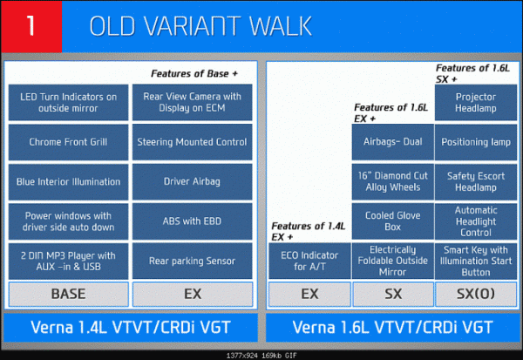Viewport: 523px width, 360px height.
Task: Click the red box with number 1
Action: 31,26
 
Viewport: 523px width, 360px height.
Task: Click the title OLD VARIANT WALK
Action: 200,26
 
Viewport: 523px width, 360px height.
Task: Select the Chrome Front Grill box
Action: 68,142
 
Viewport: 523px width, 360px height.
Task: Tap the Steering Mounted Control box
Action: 192,142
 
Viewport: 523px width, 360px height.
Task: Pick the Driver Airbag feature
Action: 192,182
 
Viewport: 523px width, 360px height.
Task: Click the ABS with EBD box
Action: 192,221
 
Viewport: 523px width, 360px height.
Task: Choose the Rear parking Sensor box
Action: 192,261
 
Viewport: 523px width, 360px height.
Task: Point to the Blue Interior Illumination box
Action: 68,182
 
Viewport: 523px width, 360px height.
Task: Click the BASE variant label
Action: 68,294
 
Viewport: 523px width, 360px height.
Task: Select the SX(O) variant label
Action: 476,294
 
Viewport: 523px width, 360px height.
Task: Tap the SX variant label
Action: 393,294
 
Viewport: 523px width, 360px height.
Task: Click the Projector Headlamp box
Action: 476,103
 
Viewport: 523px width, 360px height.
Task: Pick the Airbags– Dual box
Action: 393,142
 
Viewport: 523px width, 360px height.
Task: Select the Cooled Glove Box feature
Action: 393,221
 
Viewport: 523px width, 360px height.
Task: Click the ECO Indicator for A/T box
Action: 309,261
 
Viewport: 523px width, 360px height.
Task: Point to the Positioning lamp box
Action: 476,142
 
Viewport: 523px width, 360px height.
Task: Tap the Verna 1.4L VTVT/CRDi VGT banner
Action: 131,327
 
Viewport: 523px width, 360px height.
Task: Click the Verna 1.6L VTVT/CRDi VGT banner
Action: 393,327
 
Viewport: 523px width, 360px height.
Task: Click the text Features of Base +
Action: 194,74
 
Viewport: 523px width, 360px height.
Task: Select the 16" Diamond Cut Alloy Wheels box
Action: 393,182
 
